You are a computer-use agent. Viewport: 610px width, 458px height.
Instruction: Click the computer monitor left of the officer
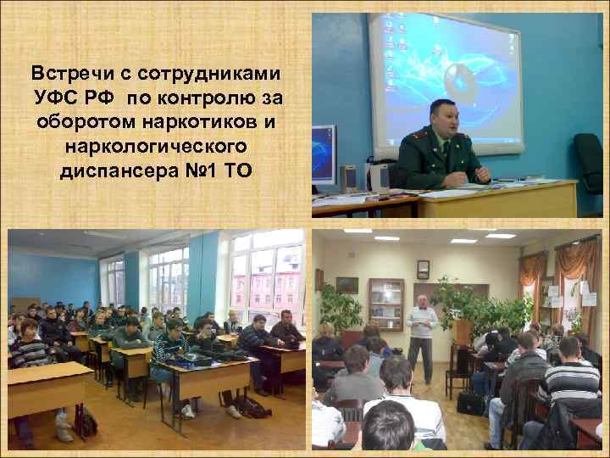click(323, 153)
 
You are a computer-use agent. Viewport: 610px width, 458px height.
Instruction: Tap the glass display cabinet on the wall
click(386, 303)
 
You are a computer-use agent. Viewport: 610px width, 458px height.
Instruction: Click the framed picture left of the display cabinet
click(347, 285)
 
